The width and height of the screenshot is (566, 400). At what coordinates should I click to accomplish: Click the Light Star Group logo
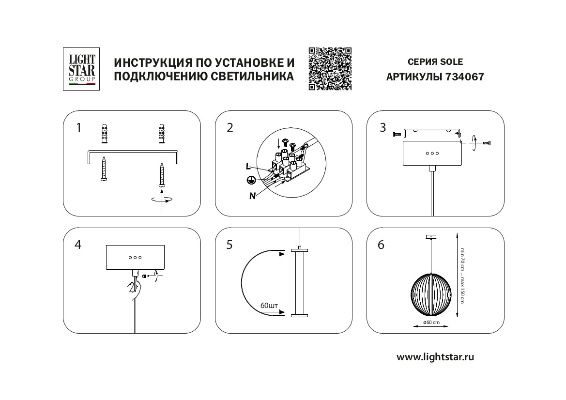click(x=82, y=69)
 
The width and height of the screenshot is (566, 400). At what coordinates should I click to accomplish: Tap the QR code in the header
click(x=330, y=69)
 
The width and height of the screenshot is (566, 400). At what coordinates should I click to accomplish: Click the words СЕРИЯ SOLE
click(x=435, y=62)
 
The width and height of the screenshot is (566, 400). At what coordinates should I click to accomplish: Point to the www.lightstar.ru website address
click(x=435, y=357)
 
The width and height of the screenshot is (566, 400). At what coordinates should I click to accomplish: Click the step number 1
click(x=78, y=128)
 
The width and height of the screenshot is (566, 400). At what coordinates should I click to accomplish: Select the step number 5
click(x=229, y=245)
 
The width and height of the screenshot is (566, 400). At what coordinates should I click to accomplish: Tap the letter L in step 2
click(x=248, y=166)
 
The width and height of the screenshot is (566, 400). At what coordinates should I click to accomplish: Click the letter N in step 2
click(x=252, y=196)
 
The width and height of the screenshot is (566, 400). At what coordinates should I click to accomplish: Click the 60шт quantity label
click(x=269, y=306)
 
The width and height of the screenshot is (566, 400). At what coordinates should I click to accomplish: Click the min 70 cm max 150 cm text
click(x=462, y=276)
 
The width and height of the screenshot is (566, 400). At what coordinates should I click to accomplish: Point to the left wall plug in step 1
click(x=104, y=134)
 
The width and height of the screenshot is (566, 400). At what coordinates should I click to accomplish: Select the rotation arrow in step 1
click(x=162, y=199)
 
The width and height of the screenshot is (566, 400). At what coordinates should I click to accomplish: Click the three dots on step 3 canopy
click(x=432, y=153)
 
